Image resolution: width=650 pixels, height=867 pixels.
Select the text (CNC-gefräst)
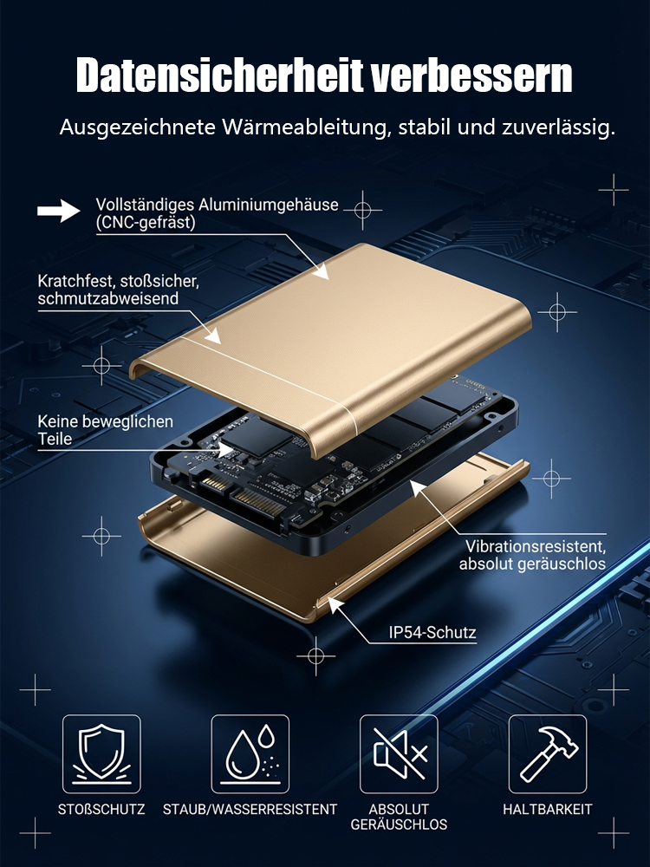click(146, 224)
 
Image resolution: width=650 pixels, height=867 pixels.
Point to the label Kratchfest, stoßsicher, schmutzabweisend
click(118, 290)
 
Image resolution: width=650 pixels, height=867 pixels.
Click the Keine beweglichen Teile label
click(105, 430)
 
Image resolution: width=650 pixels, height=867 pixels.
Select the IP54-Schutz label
click(432, 633)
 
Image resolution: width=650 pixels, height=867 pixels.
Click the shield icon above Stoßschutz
click(101, 753)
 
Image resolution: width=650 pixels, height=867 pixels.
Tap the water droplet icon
click(250, 753)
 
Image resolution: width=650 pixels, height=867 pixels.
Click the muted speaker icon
click(399, 753)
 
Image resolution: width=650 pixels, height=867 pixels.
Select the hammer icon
click(548, 753)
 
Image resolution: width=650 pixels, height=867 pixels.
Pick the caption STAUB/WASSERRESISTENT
click(250, 809)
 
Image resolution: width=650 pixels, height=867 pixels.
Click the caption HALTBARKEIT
click(548, 809)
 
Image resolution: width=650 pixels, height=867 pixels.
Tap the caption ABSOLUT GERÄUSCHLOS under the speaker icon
click(399, 817)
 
